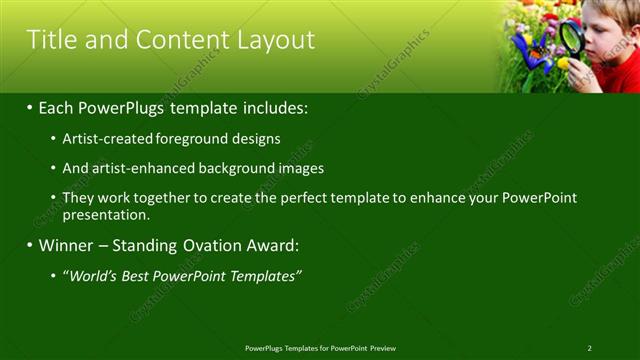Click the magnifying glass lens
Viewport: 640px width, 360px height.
(572, 38)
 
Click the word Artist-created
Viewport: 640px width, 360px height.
(104, 139)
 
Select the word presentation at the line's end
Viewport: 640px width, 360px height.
(105, 214)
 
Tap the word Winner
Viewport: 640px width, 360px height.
(66, 245)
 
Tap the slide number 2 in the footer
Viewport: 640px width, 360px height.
(589, 348)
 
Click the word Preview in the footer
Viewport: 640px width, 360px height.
(383, 348)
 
